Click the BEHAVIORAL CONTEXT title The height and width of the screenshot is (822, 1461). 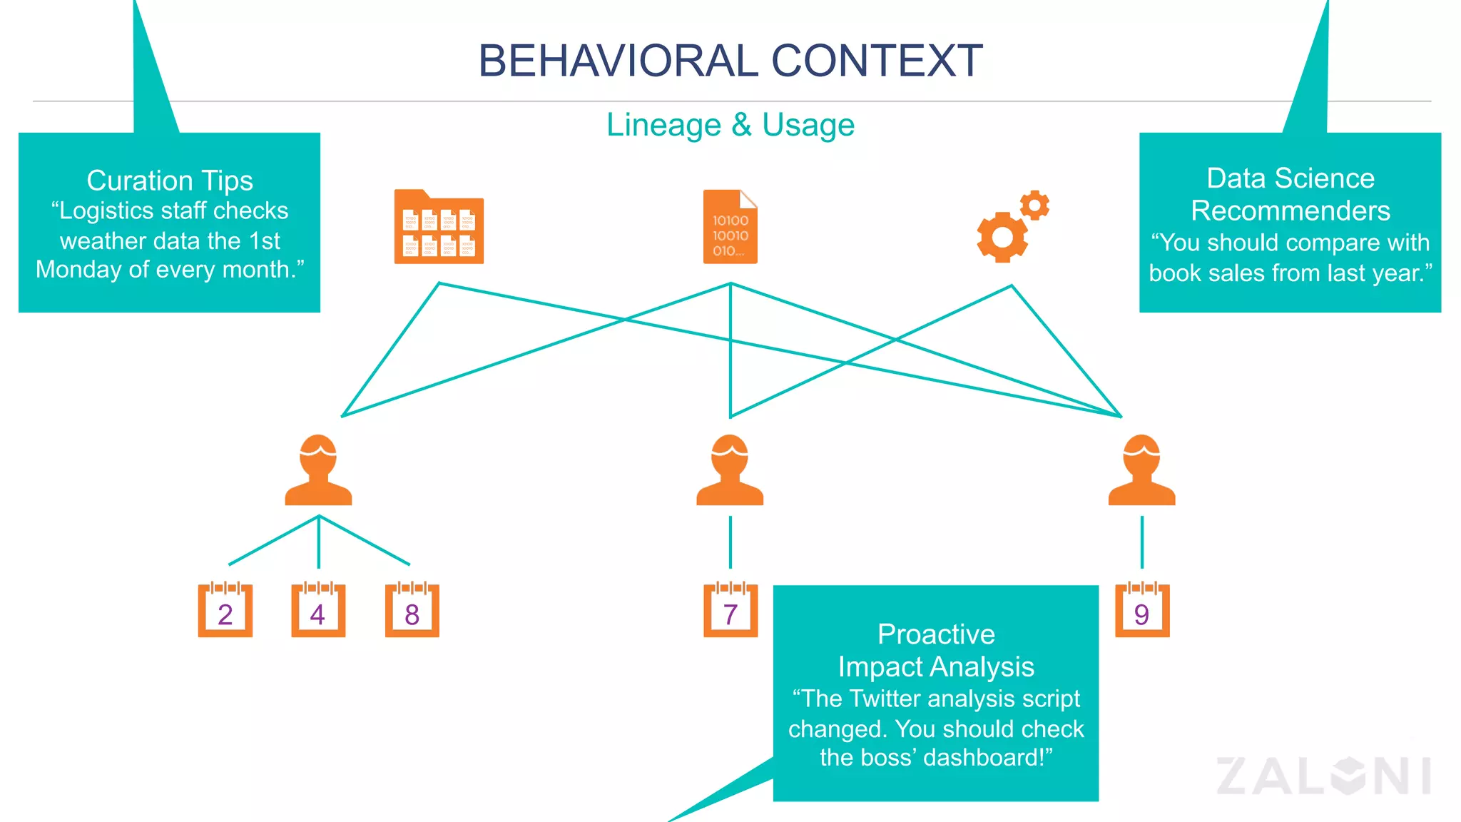(x=730, y=61)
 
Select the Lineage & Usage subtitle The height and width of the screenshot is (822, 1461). (x=730, y=125)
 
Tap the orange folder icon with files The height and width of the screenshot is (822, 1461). (x=439, y=228)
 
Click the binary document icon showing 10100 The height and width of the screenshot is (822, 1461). (x=730, y=228)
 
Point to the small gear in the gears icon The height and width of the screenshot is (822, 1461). (x=1034, y=205)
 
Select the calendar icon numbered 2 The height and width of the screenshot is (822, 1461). (x=225, y=611)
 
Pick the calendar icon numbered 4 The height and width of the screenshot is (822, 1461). (x=318, y=611)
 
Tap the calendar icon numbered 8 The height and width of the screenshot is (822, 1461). (x=412, y=611)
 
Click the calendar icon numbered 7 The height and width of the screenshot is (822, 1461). (x=730, y=611)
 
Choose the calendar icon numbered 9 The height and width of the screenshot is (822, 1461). (x=1141, y=611)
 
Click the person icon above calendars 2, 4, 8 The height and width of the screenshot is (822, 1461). (x=318, y=471)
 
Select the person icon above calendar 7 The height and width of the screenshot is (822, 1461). (x=730, y=471)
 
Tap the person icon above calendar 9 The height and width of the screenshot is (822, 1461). (x=1141, y=471)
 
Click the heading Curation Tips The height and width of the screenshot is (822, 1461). (x=170, y=181)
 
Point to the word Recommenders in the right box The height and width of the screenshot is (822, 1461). (x=1290, y=211)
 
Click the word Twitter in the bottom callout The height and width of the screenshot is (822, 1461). (x=888, y=699)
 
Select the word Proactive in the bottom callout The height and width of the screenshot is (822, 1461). (x=935, y=634)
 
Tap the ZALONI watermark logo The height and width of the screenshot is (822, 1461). (x=1323, y=776)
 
